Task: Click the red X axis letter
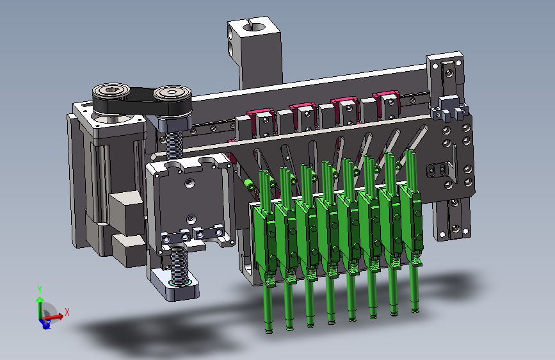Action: (67, 312)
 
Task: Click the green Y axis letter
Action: (40, 290)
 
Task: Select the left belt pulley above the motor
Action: (111, 93)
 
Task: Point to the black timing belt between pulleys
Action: (141, 102)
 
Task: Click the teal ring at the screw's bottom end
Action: (180, 283)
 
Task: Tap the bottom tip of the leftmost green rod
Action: (269, 332)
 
